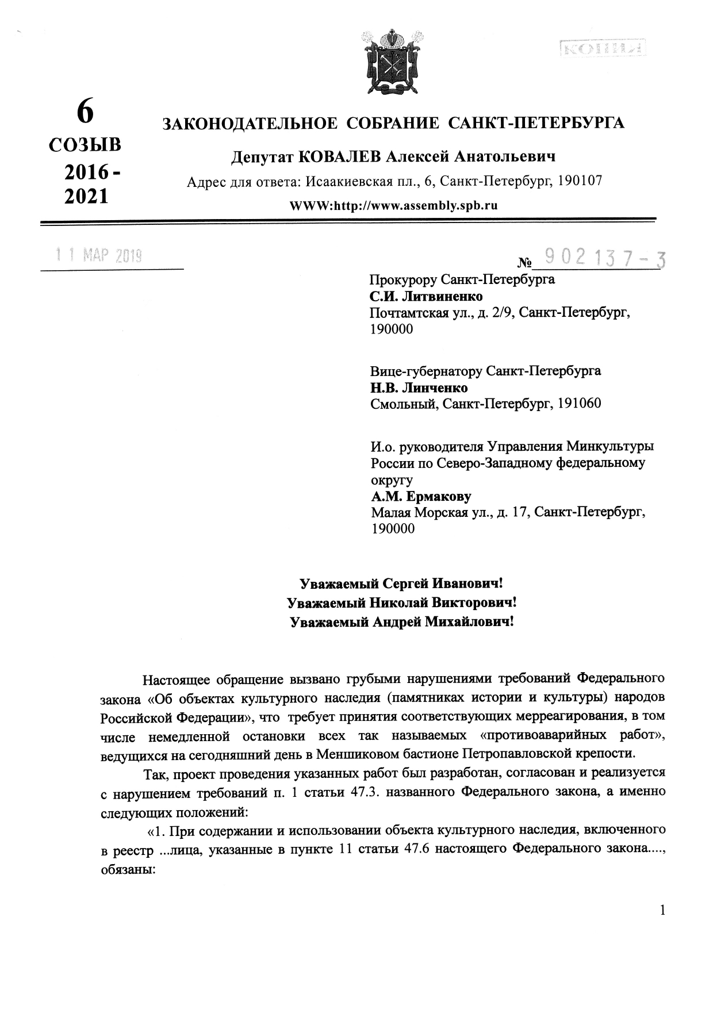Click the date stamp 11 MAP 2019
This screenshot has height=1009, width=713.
point(99,255)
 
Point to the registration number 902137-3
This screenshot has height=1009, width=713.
point(604,260)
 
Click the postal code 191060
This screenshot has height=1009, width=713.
point(578,404)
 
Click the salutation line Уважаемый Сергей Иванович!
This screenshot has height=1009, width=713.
point(402,584)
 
